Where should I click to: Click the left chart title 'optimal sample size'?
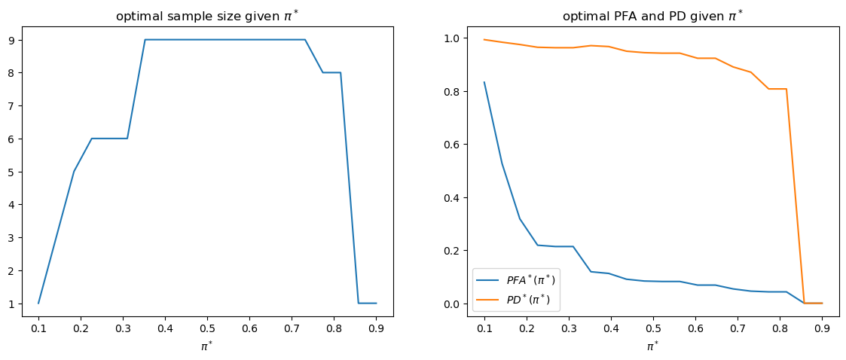click(206, 17)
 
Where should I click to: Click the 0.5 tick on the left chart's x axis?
click(207, 328)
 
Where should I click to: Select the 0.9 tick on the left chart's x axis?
click(376, 328)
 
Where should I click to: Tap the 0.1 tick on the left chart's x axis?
click(38, 328)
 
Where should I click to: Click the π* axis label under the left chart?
click(207, 347)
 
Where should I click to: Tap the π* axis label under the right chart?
click(653, 347)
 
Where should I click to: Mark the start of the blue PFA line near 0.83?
click(484, 83)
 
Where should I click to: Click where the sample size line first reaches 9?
click(145, 40)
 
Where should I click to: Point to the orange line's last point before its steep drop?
click(786, 89)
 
